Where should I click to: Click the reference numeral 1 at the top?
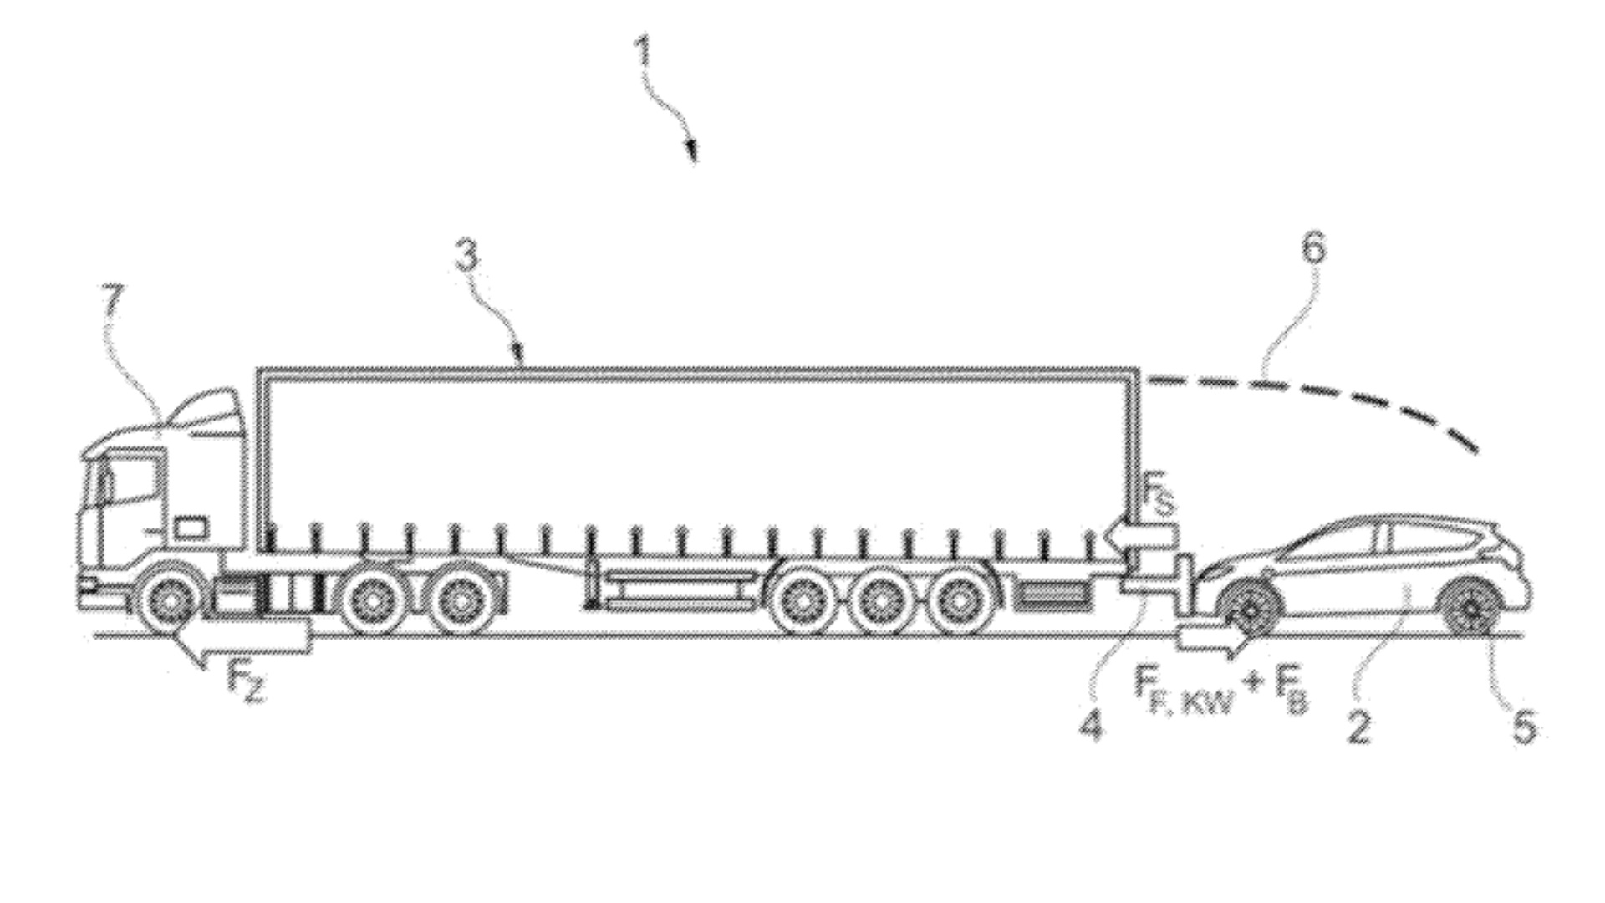pos(642,53)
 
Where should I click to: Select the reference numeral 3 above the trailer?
pos(467,255)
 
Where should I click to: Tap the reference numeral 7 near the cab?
pos(113,298)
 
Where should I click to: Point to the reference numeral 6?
pos(1314,249)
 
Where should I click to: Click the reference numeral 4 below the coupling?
pos(1091,724)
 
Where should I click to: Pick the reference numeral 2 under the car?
pos(1359,727)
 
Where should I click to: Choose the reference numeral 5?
pos(1524,727)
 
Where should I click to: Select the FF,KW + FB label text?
pos(1220,689)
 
